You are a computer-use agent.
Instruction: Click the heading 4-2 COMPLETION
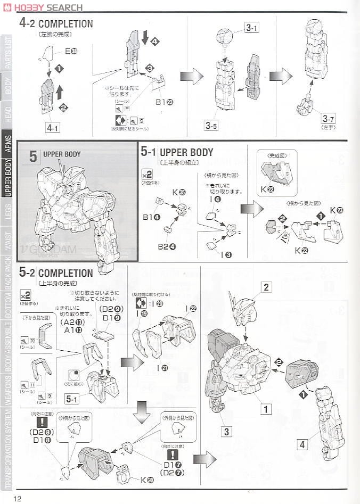point(56,24)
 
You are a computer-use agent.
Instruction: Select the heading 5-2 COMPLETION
point(56,273)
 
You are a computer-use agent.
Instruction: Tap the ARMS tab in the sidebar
point(7,144)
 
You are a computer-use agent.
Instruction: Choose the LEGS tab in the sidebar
point(7,208)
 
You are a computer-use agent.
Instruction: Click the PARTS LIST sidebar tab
point(7,53)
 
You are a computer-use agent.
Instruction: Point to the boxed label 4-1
point(53,128)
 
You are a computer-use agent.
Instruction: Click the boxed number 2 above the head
point(266,288)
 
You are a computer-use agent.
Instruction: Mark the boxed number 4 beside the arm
point(302,444)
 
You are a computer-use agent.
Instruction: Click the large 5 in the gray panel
point(33,156)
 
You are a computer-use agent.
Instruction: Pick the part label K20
point(147,481)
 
